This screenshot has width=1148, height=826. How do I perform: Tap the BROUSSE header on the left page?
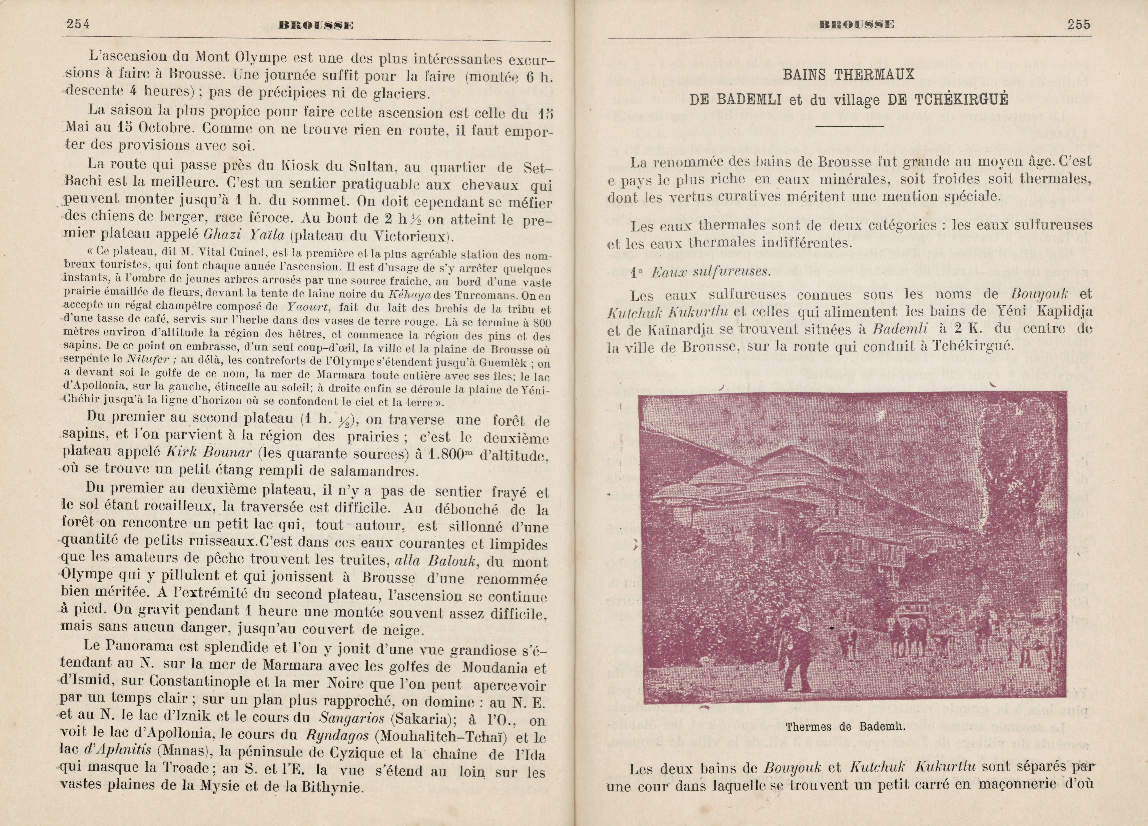(x=316, y=25)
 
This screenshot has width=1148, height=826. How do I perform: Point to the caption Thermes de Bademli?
(x=845, y=727)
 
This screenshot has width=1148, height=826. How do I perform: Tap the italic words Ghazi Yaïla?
(x=245, y=235)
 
